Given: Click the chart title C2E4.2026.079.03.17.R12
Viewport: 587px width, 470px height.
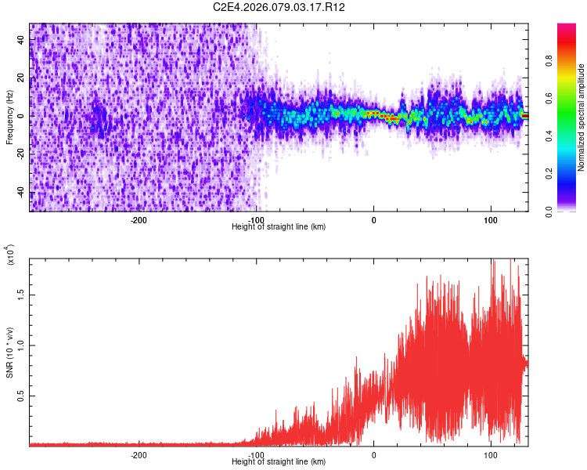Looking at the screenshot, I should coord(279,7).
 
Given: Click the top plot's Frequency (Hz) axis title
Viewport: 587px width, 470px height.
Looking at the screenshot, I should coord(9,117).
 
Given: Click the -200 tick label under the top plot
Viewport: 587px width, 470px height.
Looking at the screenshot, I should coord(139,219).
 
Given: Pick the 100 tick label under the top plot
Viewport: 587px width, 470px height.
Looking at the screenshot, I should coord(491,219).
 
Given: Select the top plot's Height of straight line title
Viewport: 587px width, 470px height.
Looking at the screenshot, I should coord(279,226).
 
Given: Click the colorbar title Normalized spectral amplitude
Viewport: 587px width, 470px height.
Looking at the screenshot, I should coord(582,117).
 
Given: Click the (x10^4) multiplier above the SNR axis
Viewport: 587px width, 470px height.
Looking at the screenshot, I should coord(10,255).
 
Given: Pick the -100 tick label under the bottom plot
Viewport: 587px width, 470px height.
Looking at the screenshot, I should coord(256,454).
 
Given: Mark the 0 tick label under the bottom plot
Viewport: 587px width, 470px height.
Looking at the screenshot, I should coord(373,454).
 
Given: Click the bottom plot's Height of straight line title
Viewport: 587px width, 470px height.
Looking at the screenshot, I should coord(279,461).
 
